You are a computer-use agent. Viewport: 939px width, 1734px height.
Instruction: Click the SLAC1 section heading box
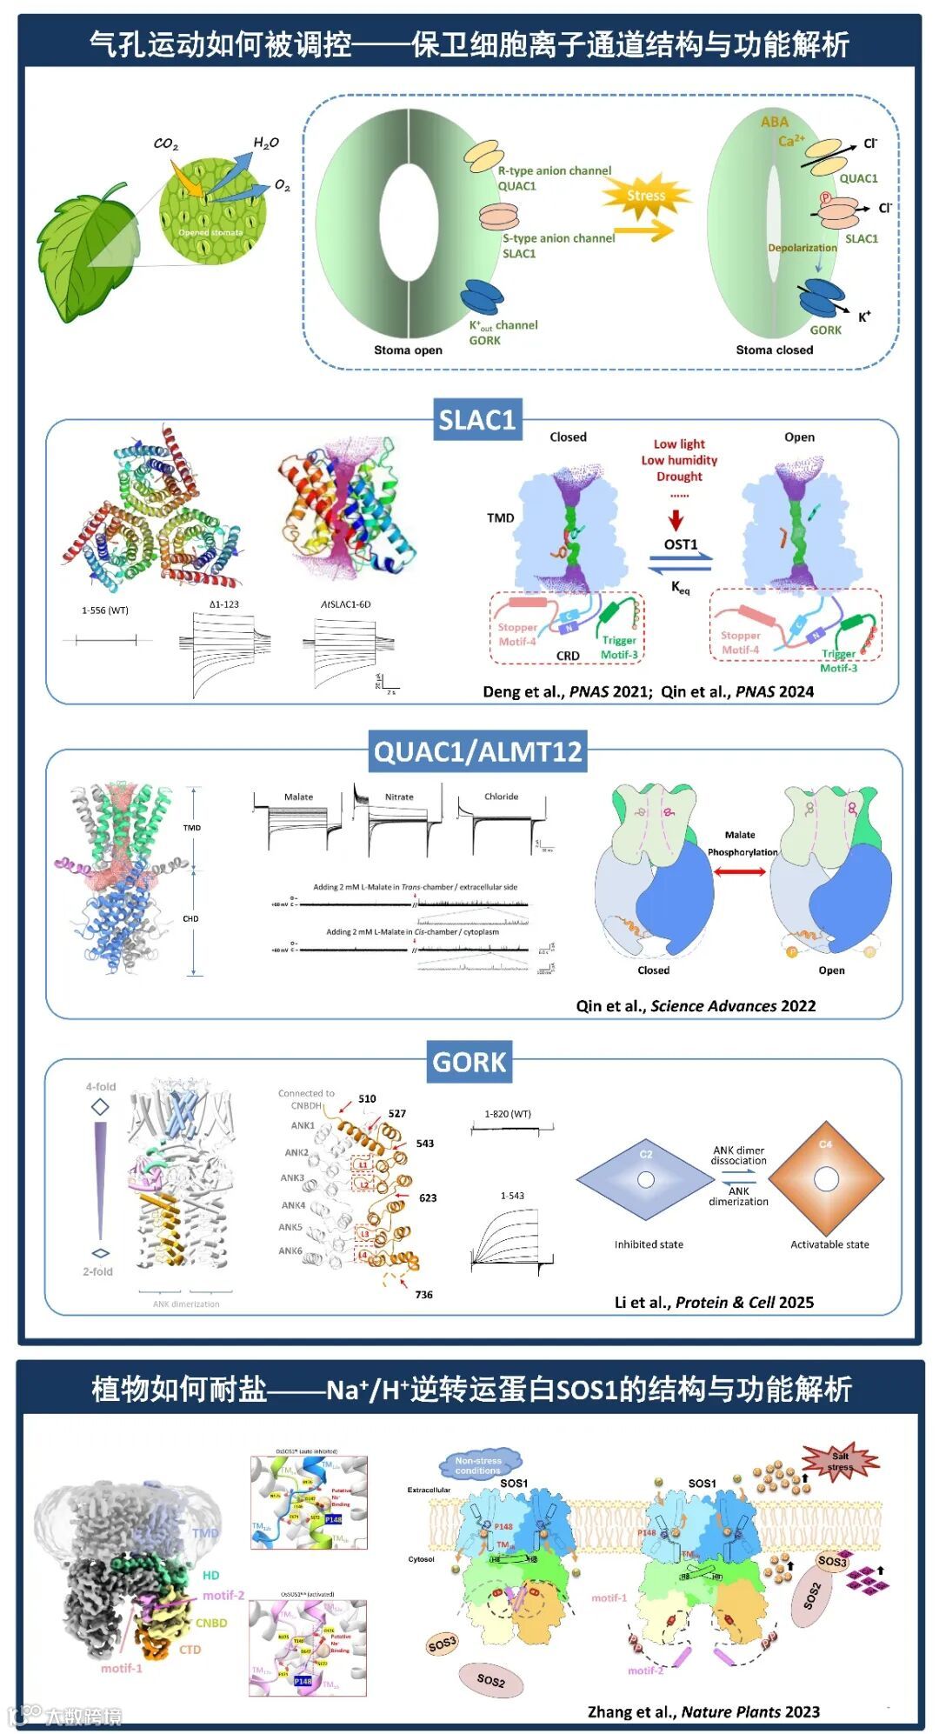477,421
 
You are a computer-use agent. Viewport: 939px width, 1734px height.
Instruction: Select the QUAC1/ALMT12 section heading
477,751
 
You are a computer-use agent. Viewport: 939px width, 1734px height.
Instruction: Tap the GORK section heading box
469,1062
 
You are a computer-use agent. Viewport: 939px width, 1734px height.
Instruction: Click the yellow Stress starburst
646,196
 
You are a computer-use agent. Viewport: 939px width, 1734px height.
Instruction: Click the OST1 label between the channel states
681,544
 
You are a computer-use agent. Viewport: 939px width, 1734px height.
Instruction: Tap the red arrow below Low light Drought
676,520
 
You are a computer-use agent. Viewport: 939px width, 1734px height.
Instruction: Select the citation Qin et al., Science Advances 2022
696,1006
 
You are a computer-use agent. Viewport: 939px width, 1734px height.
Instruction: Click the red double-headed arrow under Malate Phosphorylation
740,870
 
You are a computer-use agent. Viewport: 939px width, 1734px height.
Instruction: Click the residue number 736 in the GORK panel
423,1295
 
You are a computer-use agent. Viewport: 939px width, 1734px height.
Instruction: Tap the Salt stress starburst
840,1461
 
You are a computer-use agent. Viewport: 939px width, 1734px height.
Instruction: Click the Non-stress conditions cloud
478,1465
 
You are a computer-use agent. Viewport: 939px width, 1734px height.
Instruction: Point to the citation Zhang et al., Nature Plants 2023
703,1711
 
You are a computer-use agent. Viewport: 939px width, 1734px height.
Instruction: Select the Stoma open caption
408,350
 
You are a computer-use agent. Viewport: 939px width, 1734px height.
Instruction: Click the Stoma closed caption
774,350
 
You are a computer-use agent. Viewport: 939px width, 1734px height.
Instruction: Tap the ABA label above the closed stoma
774,123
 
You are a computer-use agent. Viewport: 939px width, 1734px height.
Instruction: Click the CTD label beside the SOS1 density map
190,1650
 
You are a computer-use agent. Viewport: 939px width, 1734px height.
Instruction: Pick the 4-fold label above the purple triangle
101,1087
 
